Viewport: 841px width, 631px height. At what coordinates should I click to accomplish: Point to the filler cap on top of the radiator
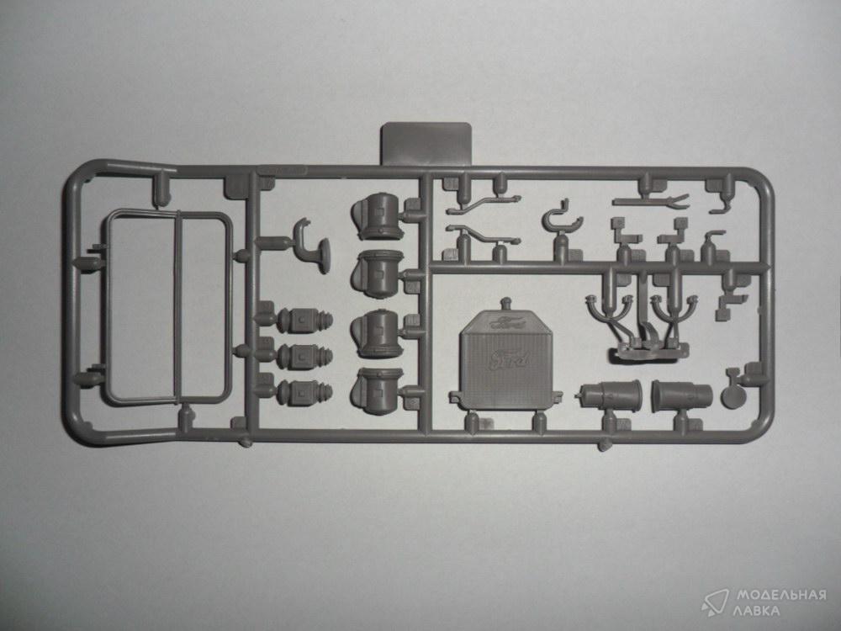pos(505,305)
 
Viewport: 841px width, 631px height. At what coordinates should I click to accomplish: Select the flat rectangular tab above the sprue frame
pos(426,143)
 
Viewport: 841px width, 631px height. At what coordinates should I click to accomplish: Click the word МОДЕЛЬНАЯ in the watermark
pos(780,595)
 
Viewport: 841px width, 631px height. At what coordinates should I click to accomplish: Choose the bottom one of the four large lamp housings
pos(377,391)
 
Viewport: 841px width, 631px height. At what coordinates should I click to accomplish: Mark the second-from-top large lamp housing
pos(377,274)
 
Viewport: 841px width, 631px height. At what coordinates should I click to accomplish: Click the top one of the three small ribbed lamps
pos(304,321)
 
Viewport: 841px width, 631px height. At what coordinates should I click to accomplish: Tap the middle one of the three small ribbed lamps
pos(304,357)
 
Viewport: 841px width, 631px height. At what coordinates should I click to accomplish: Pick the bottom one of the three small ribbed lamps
pos(304,392)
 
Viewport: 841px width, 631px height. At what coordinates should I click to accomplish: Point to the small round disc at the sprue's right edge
pos(732,396)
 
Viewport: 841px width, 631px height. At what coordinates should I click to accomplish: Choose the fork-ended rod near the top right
pos(651,202)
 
